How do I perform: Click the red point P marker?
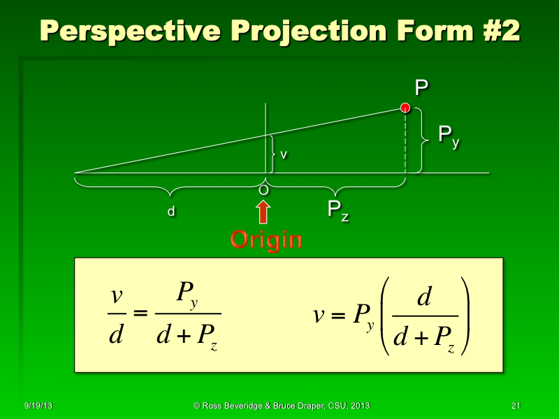coord(405,108)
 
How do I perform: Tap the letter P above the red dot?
coord(421,88)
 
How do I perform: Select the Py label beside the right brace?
coord(448,135)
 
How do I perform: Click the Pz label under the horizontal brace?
coord(338,210)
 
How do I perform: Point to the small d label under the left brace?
coord(170,212)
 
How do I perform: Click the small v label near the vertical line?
coord(283,155)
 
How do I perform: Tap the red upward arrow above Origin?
coord(263,212)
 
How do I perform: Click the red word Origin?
coord(266,240)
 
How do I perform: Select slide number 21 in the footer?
coord(516,406)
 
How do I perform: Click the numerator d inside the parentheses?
coord(423,298)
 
